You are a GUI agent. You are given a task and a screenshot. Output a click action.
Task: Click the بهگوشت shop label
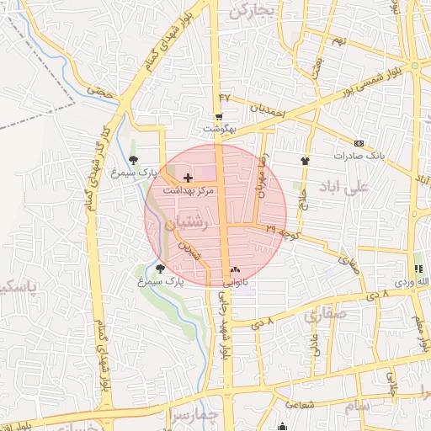pos(221,129)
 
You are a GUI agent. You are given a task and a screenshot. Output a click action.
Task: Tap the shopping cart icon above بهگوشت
pos(220,116)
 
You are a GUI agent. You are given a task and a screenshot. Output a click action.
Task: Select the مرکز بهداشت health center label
pos(188,191)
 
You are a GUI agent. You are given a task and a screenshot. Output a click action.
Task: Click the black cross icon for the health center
pos(188,178)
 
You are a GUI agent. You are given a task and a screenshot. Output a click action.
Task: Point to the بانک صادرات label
pos(359,156)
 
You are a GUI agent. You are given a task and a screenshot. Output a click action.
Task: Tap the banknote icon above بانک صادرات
pos(359,143)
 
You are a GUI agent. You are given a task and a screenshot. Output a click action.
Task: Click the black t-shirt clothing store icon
pos(305,159)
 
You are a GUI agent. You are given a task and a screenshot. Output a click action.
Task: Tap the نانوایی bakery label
pos(234,283)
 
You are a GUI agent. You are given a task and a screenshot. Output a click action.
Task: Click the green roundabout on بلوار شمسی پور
pos(414,67)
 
